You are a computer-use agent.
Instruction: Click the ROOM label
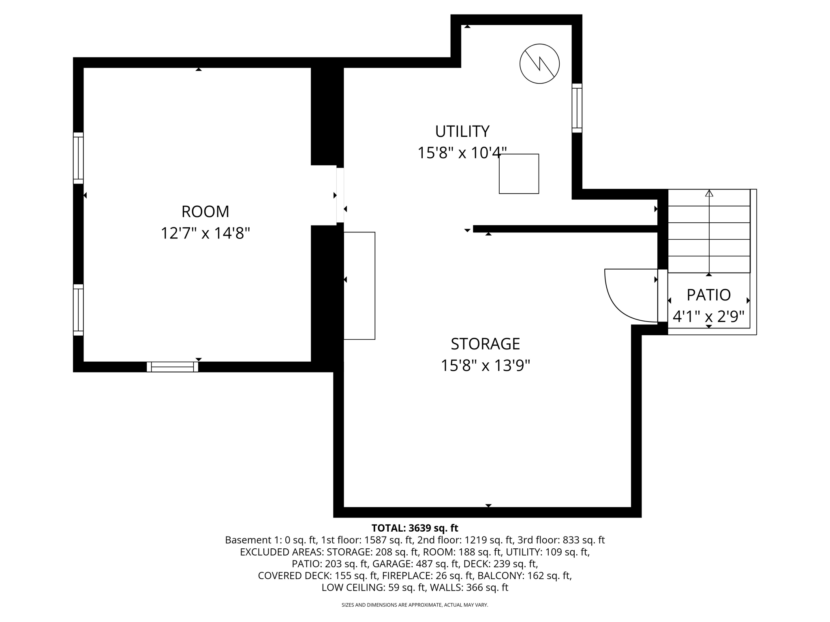click(205, 211)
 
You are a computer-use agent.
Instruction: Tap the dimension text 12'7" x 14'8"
click(205, 233)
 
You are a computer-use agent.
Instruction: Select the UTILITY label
click(462, 131)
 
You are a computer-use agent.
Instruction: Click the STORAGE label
click(485, 344)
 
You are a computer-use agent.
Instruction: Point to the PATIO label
click(708, 295)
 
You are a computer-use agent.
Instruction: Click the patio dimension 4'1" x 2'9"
click(708, 316)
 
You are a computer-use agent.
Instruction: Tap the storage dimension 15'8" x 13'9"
click(485, 366)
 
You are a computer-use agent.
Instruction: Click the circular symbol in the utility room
click(539, 64)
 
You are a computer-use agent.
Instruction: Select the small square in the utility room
click(519, 174)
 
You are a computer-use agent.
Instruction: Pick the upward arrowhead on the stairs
click(709, 194)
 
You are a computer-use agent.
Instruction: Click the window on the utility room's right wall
click(577, 108)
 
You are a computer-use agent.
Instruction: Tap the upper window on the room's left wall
click(78, 158)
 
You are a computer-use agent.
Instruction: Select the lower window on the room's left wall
click(78, 310)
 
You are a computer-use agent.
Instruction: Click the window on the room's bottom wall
click(172, 367)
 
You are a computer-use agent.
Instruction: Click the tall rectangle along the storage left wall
click(359, 285)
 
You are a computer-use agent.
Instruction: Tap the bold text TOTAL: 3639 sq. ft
click(415, 528)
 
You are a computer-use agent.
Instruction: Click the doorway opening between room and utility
click(340, 195)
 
